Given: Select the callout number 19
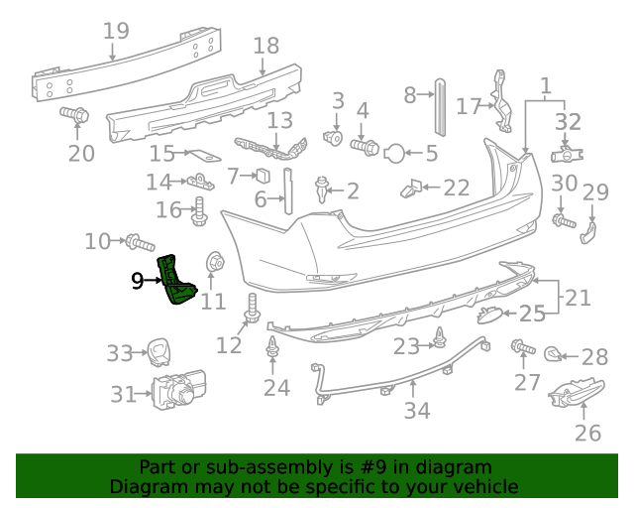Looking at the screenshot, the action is click(116, 31).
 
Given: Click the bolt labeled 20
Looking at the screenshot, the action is click(74, 115).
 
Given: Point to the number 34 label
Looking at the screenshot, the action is click(417, 409).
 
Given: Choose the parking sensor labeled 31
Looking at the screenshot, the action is click(177, 394).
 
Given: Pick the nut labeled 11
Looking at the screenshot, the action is click(212, 264).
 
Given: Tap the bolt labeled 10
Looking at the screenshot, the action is click(140, 241).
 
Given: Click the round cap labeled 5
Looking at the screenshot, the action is click(393, 153).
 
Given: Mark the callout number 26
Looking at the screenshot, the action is click(588, 433).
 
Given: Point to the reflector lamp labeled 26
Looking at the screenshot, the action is click(575, 394).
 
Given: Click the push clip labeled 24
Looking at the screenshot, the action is click(271, 351).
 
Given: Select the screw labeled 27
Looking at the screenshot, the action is click(519, 347).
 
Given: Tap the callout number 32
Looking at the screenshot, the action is click(568, 122).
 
